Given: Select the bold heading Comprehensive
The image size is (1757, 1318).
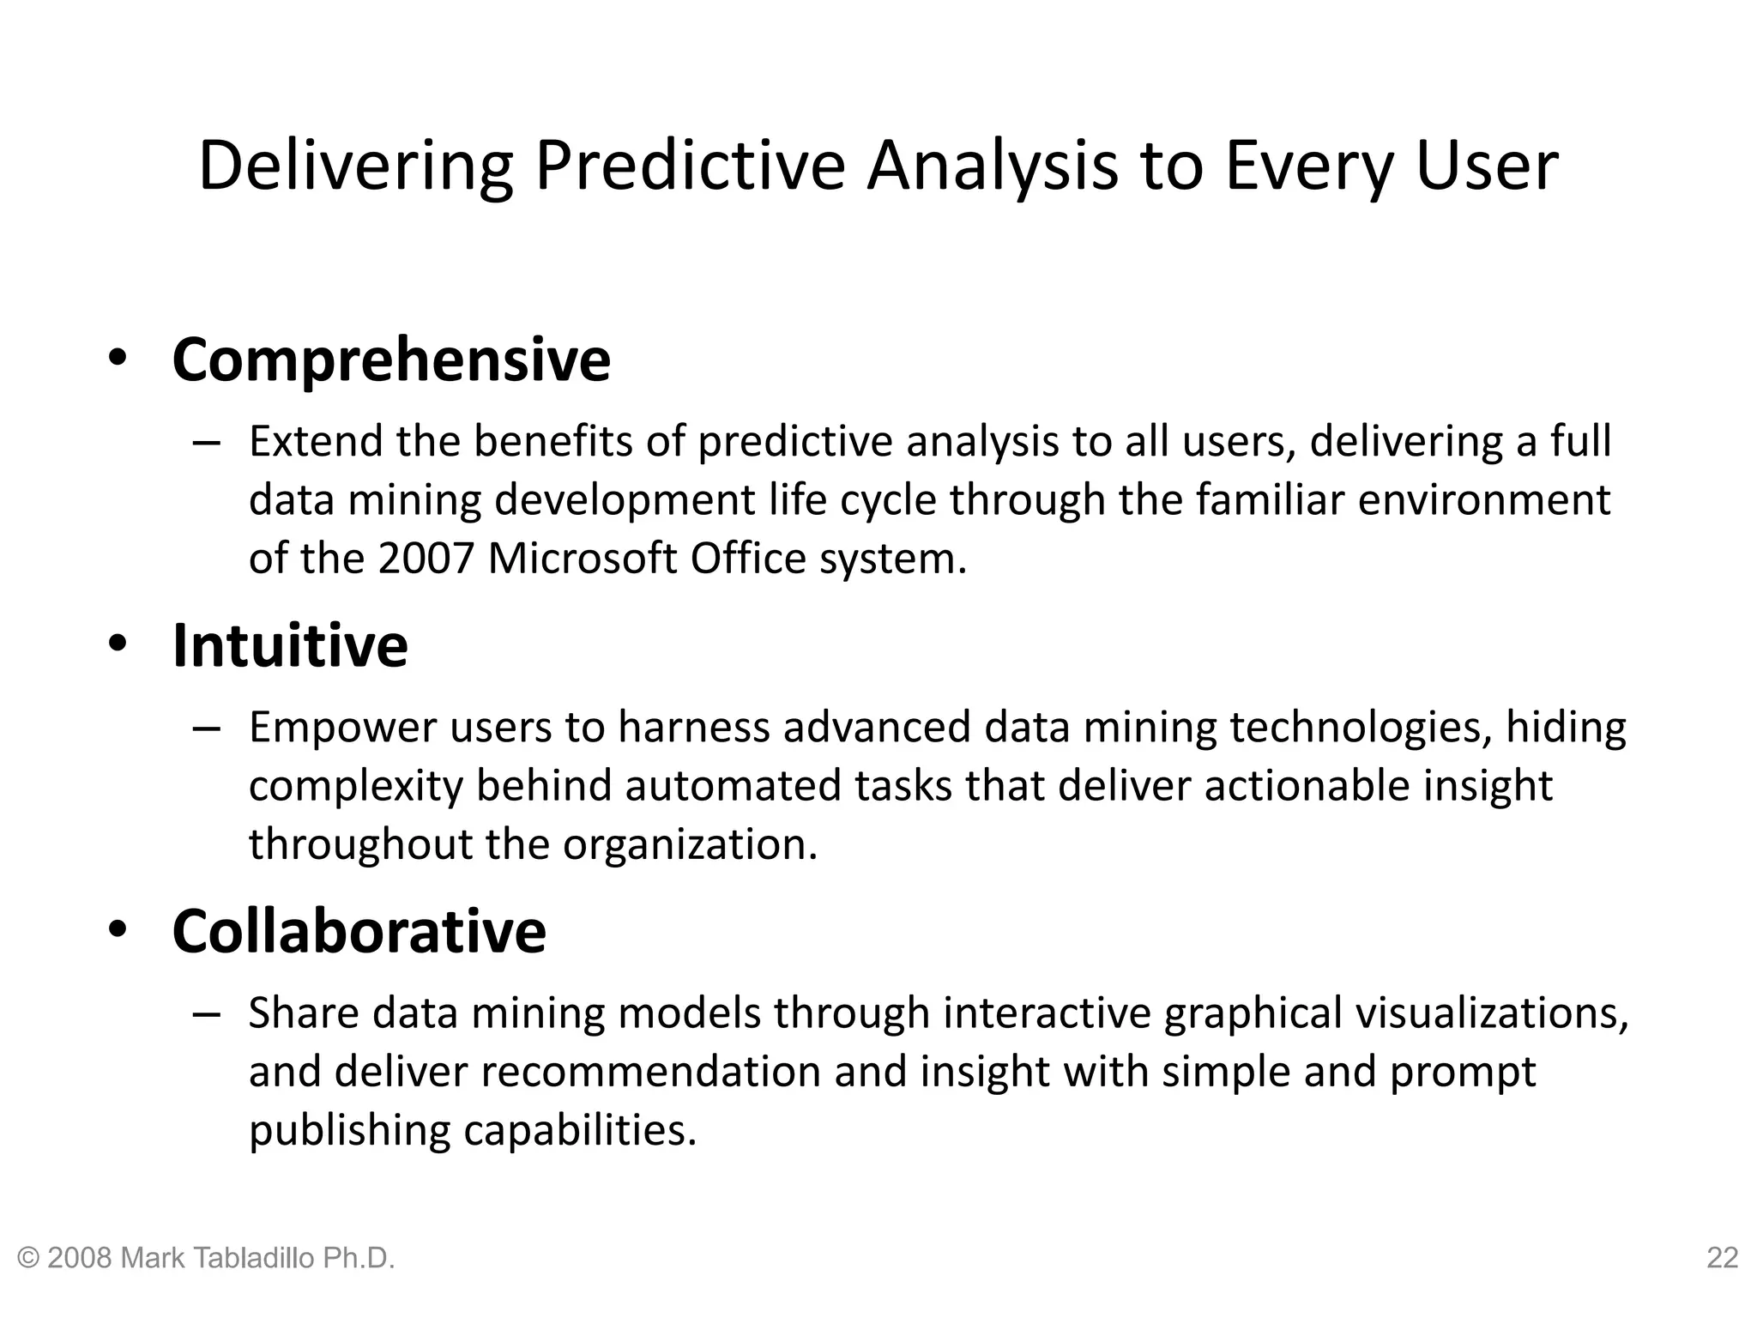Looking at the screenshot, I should pos(391,360).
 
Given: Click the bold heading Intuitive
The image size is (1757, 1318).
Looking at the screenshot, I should pos(290,645).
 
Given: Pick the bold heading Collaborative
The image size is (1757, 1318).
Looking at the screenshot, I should pos(359,931).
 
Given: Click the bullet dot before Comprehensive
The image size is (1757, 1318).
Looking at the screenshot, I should pos(118,359).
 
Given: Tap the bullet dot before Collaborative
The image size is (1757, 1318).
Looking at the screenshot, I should pos(118,930).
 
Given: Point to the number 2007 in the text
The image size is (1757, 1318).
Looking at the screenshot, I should pos(426,559).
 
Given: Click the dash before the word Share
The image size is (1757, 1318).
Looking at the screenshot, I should pos(207,1014).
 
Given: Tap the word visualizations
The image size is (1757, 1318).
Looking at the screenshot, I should pos(1491,1013).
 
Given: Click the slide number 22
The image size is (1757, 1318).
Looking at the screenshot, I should pos(1722,1258).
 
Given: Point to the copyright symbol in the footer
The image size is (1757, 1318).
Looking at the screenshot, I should pos(29,1258).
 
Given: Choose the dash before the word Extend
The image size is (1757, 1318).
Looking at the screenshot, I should pos(207,443).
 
